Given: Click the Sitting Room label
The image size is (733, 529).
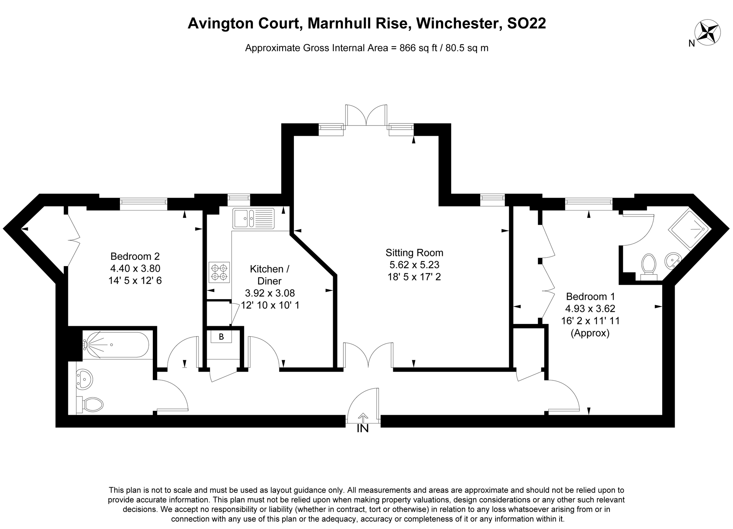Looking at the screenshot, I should pyautogui.click(x=414, y=253).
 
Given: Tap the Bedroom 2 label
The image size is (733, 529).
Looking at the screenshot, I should pyautogui.click(x=135, y=256).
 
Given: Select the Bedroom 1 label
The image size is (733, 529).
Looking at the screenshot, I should pyautogui.click(x=590, y=296).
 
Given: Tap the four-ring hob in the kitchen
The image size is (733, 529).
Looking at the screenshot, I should pyautogui.click(x=219, y=272).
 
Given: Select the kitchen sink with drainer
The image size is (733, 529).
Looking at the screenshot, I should pyautogui.click(x=253, y=219).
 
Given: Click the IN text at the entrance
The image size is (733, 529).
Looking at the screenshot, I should pyautogui.click(x=362, y=429).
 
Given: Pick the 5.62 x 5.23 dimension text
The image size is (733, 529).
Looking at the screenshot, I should pyautogui.click(x=414, y=265).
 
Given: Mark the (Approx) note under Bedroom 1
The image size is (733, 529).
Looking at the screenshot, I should pyautogui.click(x=590, y=333).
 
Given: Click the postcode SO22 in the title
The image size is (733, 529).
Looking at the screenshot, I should pyautogui.click(x=526, y=23).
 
